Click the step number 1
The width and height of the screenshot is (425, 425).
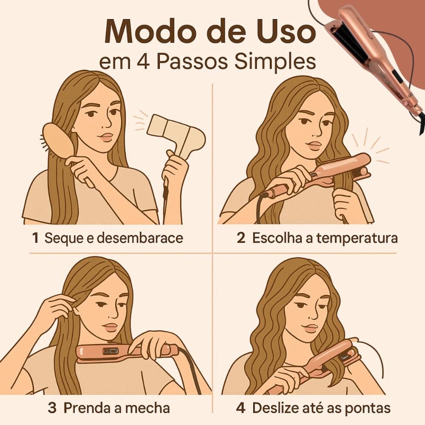pyautogui.click(x=35, y=238)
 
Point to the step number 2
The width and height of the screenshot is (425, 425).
pyautogui.click(x=241, y=238)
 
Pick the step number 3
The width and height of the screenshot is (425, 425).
pyautogui.click(x=52, y=408)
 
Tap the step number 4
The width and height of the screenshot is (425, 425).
pyautogui.click(x=241, y=408)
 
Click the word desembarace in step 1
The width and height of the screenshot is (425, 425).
pyautogui.click(x=140, y=238)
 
